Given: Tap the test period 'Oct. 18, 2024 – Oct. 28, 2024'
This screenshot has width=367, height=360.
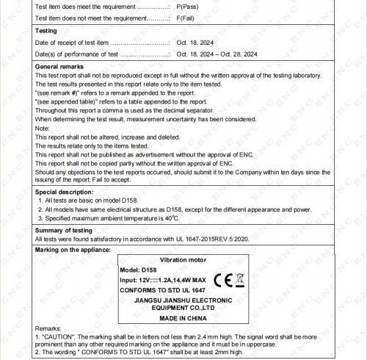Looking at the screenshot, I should point(217,54).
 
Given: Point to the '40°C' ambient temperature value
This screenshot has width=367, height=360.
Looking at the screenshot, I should point(172,218).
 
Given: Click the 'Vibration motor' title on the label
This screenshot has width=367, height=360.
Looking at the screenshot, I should point(183,260).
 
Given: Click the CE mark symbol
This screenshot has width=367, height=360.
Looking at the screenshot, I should point(223,280).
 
